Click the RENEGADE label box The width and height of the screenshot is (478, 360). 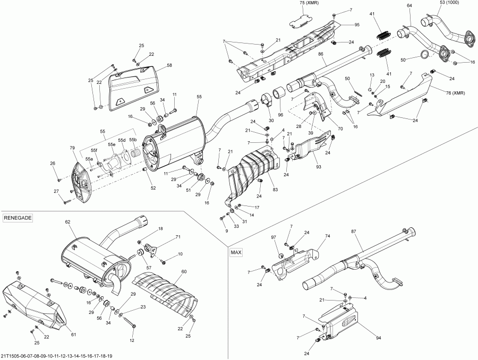pyautogui.click(x=18, y=218)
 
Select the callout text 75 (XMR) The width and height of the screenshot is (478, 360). pyautogui.click(x=309, y=3)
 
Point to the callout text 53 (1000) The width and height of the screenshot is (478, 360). pyautogui.click(x=449, y=3)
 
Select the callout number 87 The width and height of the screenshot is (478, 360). pyautogui.click(x=354, y=232)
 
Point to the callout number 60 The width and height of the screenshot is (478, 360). pyautogui.click(x=184, y=271)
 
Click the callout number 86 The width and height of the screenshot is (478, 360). pyautogui.click(x=321, y=55)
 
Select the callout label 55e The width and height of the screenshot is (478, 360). pyautogui.click(x=112, y=144)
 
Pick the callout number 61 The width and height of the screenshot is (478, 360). pyautogui.click(x=73, y=333)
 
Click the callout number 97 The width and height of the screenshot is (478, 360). pyautogui.click(x=274, y=237)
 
